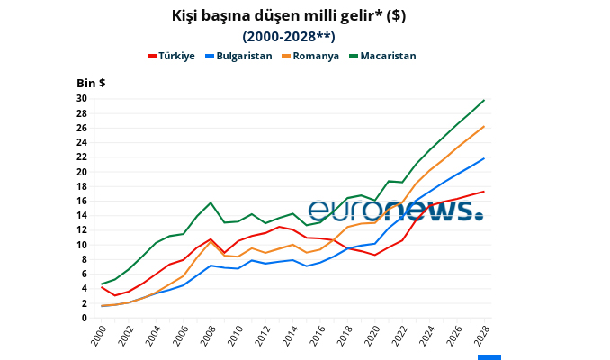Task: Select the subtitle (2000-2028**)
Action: (x=288, y=37)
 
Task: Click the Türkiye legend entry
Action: (x=171, y=56)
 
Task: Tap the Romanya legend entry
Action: (x=309, y=56)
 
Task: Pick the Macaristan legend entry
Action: (x=381, y=56)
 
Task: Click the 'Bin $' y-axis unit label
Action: (x=91, y=83)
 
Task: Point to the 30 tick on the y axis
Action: (x=82, y=99)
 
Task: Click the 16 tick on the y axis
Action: (x=82, y=201)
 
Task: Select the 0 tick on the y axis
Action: (x=85, y=318)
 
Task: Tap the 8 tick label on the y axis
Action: (x=85, y=259)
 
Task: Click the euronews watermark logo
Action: (x=396, y=211)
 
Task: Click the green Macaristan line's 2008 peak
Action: (x=211, y=202)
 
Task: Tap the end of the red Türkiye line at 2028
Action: (x=484, y=191)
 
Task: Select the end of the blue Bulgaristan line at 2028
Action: (x=484, y=158)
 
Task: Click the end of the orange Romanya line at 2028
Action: (x=484, y=126)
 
